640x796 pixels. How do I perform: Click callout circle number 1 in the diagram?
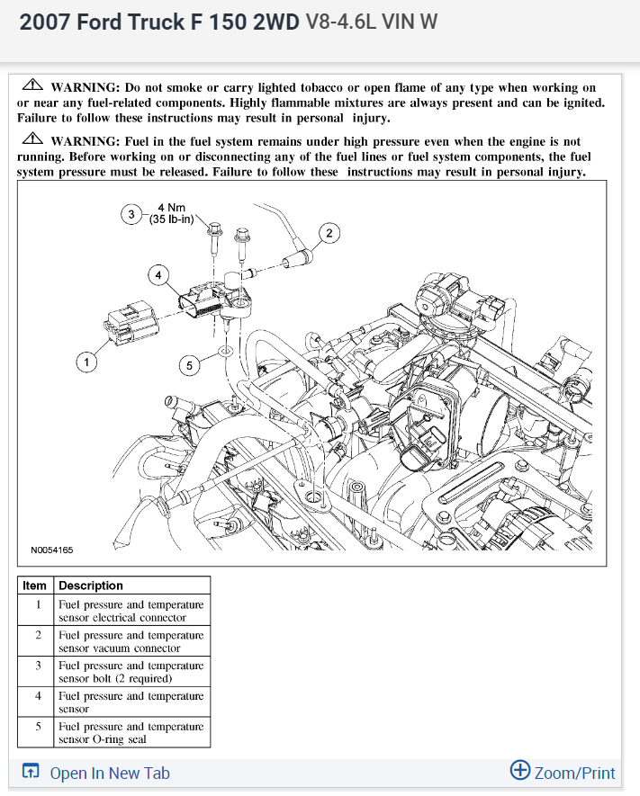[86, 362]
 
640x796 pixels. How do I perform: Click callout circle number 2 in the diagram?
[329, 234]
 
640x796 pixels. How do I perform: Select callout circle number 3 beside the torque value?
[131, 214]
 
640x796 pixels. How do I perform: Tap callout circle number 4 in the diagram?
[158, 274]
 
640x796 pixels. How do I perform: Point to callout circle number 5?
[188, 365]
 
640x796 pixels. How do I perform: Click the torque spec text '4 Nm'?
[170, 208]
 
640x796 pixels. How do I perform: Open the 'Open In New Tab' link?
[109, 773]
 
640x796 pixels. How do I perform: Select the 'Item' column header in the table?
[35, 586]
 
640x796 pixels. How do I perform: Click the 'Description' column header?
[91, 586]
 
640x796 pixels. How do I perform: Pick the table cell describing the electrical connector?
[131, 611]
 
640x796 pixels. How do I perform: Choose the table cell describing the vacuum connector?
[131, 641]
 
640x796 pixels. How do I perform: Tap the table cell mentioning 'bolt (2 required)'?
[131, 672]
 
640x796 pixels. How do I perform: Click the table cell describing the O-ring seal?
[131, 732]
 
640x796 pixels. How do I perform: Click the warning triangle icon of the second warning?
[33, 139]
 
